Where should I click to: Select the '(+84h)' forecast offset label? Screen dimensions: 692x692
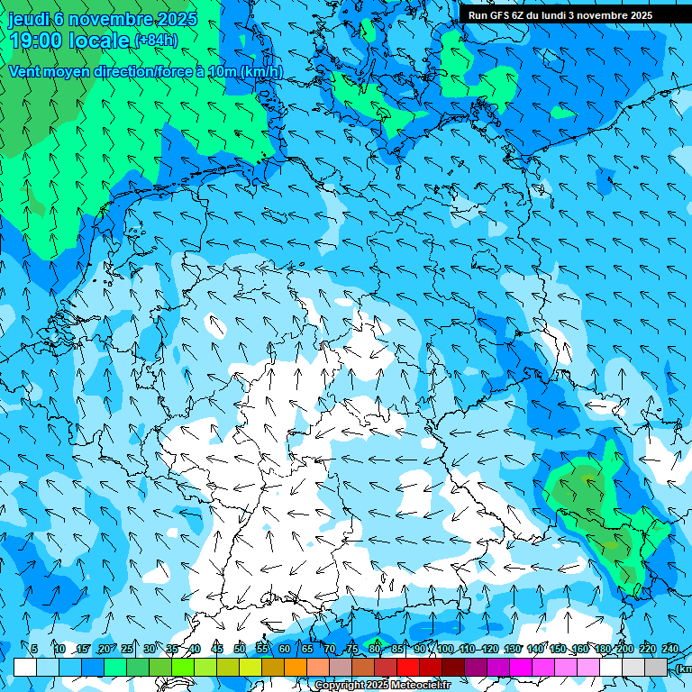(x=155, y=41)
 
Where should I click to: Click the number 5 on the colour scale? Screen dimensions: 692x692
(x=34, y=649)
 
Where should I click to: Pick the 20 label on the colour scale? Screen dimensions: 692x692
(x=104, y=649)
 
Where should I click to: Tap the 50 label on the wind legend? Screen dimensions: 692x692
(x=239, y=649)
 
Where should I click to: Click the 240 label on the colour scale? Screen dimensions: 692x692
(x=669, y=649)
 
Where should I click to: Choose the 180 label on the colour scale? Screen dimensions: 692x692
(x=602, y=649)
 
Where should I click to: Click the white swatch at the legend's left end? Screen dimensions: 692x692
(x=25, y=667)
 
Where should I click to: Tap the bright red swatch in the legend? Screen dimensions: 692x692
(x=408, y=667)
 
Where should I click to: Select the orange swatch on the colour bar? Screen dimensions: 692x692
(x=296, y=667)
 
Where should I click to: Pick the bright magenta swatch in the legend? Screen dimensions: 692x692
(x=521, y=667)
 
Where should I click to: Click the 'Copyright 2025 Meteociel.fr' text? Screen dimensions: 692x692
(x=382, y=686)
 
